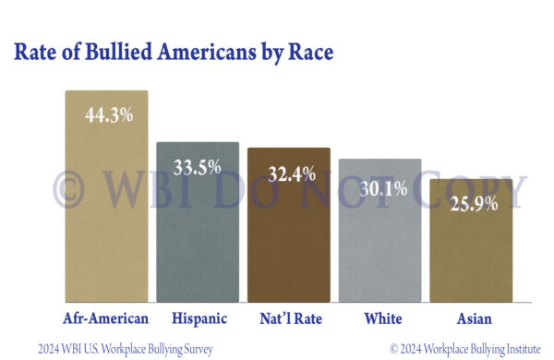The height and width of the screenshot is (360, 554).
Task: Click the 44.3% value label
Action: pyautogui.click(x=107, y=116)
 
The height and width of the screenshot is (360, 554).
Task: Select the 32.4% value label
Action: pyautogui.click(x=289, y=173)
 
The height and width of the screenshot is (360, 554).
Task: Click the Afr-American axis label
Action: pyautogui.click(x=105, y=318)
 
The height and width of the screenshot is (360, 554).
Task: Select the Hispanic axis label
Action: pyautogui.click(x=198, y=318)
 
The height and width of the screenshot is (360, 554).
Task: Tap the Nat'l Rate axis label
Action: pyautogui.click(x=288, y=318)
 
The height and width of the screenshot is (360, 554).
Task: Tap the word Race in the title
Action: pyautogui.click(x=308, y=52)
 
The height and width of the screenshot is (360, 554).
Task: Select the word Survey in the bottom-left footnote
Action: pyautogui.click(x=194, y=349)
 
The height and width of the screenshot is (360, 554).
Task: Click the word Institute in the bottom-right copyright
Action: pyautogui.click(x=524, y=349)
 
